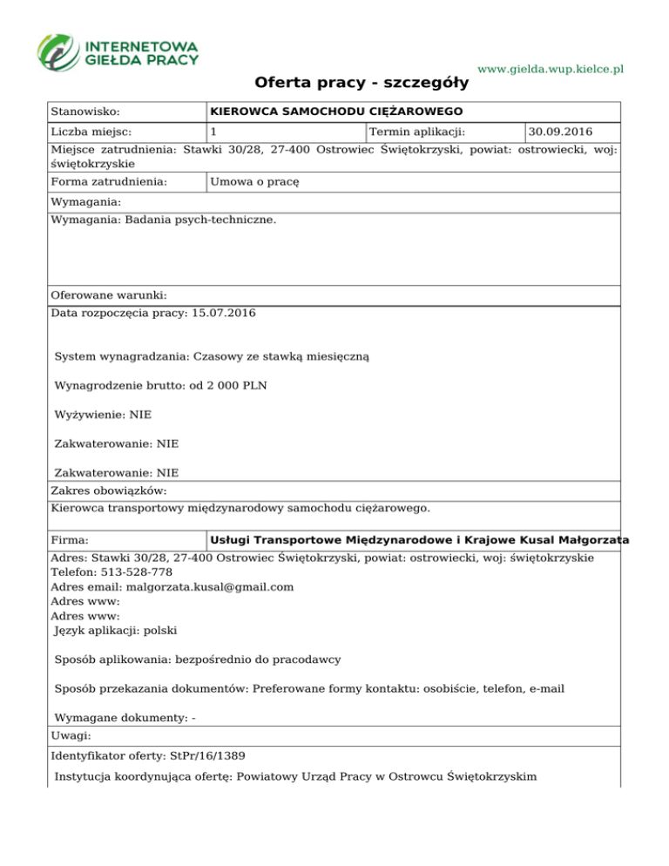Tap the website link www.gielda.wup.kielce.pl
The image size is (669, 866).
click(552, 69)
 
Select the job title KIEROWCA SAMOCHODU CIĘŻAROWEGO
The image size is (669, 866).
click(335, 112)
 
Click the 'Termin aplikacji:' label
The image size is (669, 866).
click(417, 132)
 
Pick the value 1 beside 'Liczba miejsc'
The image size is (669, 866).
click(213, 132)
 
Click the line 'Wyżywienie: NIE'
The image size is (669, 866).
click(104, 415)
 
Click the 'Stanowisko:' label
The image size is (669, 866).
click(85, 112)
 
